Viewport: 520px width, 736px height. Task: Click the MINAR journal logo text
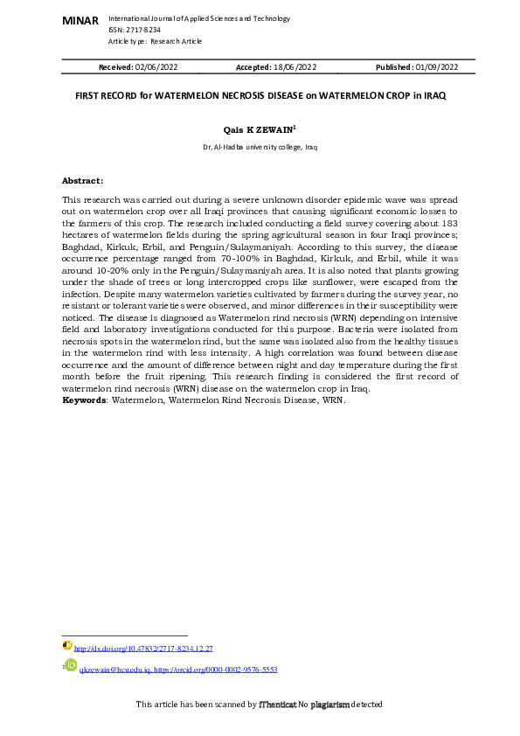click(x=80, y=20)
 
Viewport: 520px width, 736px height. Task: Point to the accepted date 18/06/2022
click(x=295, y=67)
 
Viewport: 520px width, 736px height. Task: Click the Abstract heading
click(x=82, y=180)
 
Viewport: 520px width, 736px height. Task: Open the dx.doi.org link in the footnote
click(x=143, y=649)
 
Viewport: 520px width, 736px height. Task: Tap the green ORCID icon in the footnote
click(x=72, y=665)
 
